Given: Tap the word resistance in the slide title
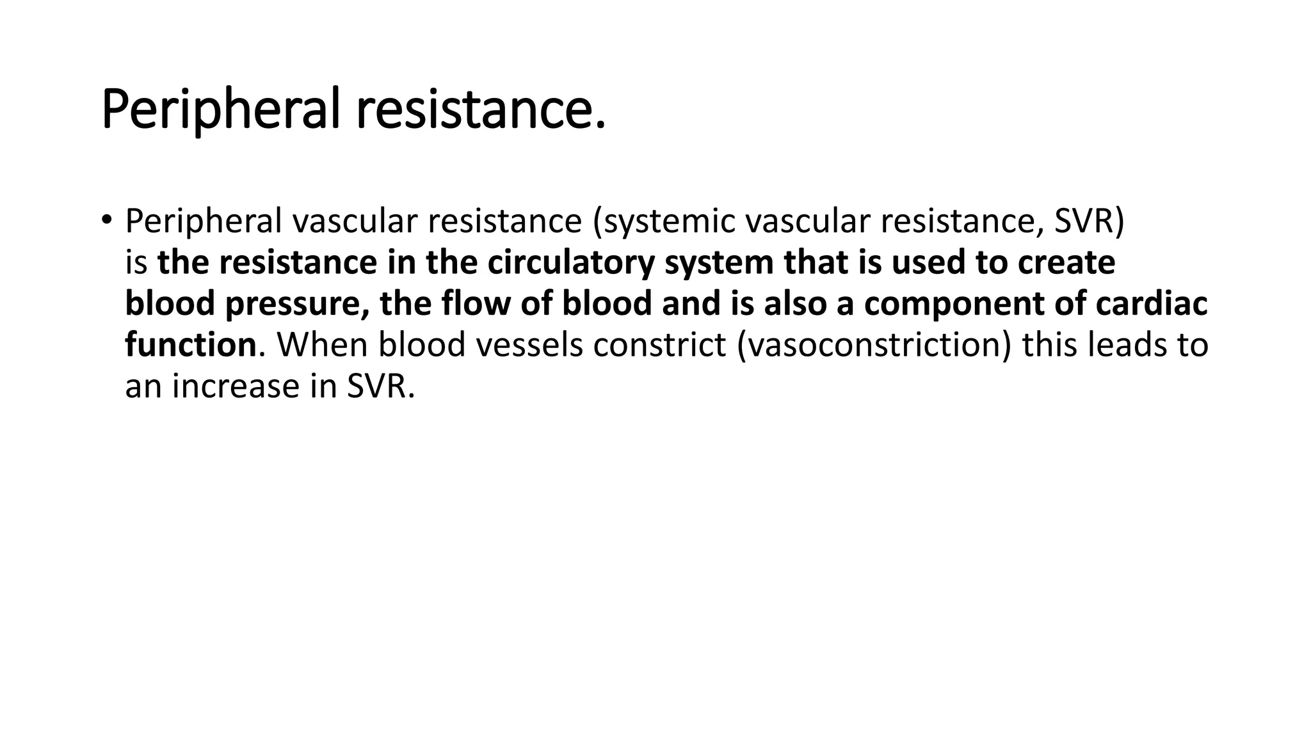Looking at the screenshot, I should pos(480,110).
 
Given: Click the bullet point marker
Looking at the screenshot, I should pos(106,220).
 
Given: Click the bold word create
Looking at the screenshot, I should pos(1066,263).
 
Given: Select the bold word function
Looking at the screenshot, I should pos(190,345).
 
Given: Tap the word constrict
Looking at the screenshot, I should pos(659,345).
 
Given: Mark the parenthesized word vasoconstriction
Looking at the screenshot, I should pos(874,345).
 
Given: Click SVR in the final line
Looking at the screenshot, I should pos(380,386).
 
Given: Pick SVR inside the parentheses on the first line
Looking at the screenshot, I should pos(1088,222).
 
